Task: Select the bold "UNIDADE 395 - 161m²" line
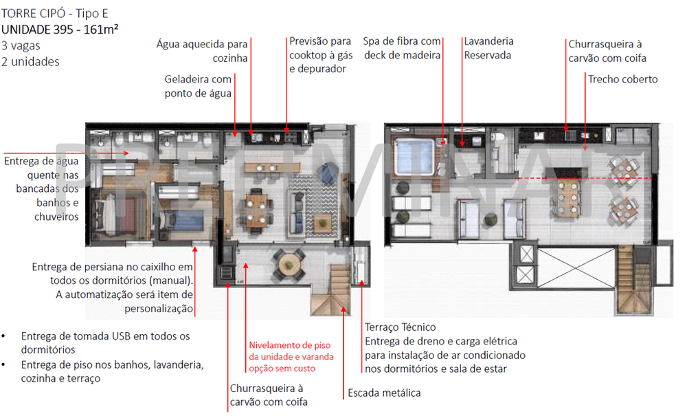61,30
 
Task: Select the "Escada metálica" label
384,393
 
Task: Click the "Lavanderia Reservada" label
488,48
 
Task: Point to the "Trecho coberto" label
622,79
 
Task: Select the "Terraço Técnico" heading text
400,327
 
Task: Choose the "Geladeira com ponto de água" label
198,86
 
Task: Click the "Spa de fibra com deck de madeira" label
402,48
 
